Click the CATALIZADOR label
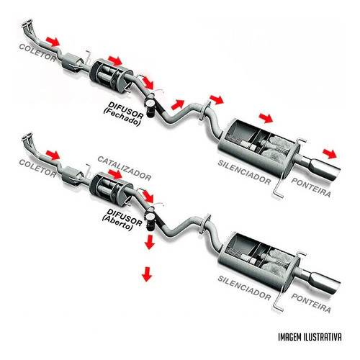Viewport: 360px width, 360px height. coord(125,168)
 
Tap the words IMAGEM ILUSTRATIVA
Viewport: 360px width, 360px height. coord(310,337)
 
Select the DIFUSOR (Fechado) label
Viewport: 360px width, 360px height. coord(123,114)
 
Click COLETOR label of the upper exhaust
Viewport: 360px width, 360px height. coord(37,53)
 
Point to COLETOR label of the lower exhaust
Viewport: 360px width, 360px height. coord(37,168)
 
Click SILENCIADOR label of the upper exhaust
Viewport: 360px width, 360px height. coord(244,173)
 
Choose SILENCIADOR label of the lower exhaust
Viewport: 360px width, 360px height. coord(244,288)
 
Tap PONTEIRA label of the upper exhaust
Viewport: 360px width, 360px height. coord(311,187)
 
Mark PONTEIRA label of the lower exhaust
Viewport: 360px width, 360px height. coord(311,303)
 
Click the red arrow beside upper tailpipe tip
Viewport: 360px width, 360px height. coord(330,153)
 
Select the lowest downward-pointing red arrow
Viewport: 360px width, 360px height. coord(147,274)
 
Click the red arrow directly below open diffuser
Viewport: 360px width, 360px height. coord(150,242)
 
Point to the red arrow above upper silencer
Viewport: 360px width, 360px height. coord(266,118)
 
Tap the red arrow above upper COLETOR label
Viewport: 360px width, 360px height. coord(53,42)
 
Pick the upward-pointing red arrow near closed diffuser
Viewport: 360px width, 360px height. coord(178,104)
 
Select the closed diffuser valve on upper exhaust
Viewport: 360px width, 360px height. coord(150,106)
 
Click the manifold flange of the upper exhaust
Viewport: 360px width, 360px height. coord(27,22)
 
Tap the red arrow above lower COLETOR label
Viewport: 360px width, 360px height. coord(53,156)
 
